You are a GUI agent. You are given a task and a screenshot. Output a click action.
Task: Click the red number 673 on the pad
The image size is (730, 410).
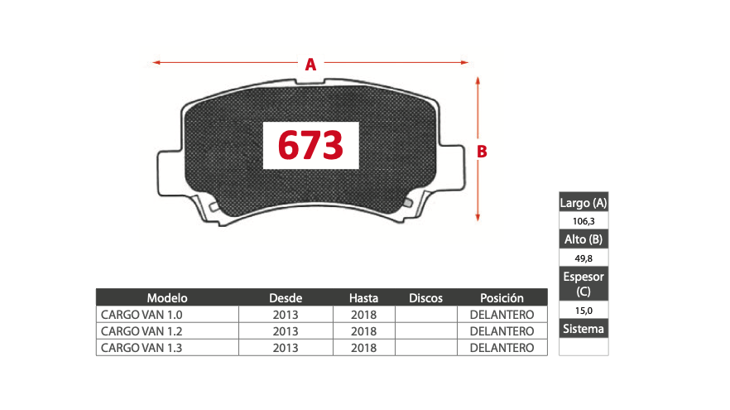point(310,145)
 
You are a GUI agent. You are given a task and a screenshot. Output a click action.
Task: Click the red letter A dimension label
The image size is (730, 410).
point(310,65)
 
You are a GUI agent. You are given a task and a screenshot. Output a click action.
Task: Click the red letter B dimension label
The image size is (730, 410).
point(482,152)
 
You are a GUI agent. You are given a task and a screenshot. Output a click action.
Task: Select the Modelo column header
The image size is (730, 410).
point(167,297)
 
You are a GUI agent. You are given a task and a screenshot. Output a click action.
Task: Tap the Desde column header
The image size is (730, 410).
point(286,297)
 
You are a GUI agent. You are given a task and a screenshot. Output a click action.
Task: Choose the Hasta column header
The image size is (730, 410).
point(363,297)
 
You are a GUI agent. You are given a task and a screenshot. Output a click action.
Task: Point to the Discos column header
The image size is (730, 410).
point(425,297)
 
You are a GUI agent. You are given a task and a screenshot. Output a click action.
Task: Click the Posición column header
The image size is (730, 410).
point(502,297)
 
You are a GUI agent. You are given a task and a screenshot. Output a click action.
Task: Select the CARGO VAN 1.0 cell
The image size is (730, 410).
point(142,315)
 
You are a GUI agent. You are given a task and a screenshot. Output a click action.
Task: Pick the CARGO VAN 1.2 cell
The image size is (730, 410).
point(142,331)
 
